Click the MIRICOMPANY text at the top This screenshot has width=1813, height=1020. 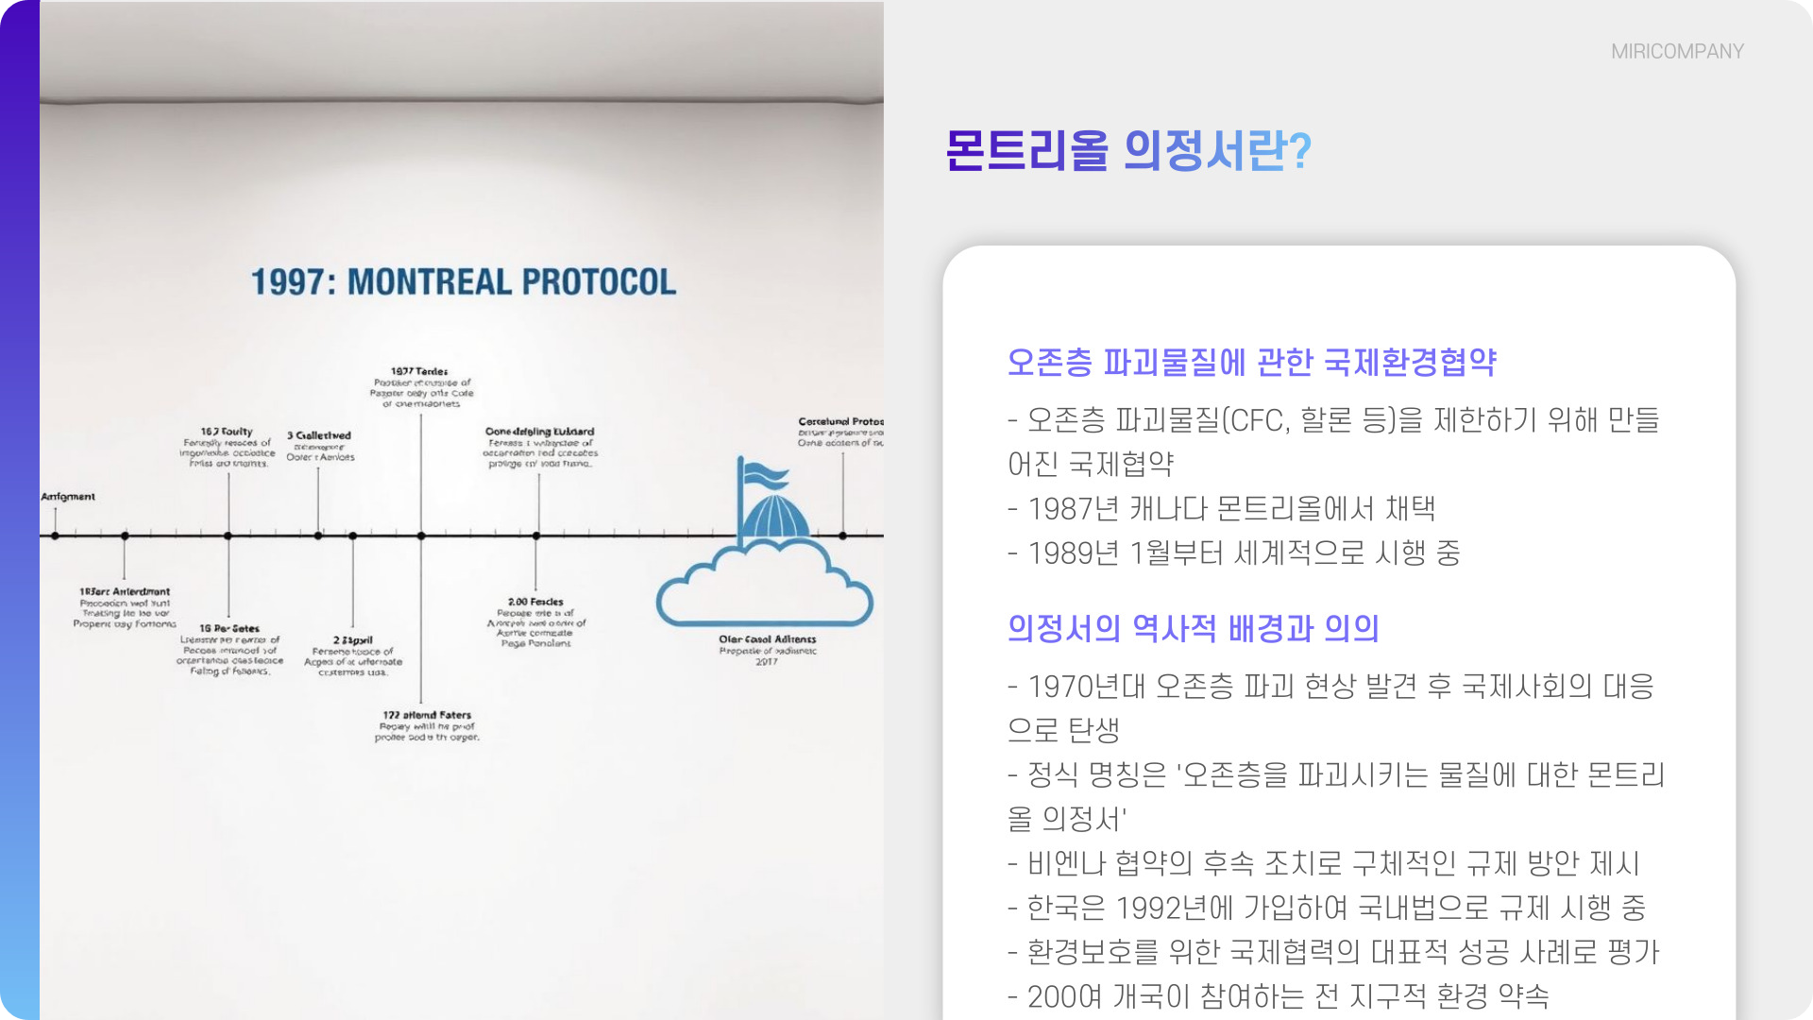[1677, 52]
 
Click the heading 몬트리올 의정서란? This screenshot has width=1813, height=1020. [1127, 151]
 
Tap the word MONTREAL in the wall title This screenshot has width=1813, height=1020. [429, 281]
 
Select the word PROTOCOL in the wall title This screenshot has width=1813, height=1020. [599, 281]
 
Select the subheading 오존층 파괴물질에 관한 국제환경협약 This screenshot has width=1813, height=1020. [1251, 363]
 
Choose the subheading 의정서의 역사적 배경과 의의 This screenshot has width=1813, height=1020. [1193, 629]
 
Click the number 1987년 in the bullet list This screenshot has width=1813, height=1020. [1073, 509]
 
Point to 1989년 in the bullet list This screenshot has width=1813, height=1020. [1073, 553]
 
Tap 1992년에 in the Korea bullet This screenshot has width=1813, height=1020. [1174, 909]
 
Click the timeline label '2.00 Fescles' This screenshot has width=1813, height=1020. [535, 602]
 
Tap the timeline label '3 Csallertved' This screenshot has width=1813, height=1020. [319, 435]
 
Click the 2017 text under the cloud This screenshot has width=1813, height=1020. [766, 662]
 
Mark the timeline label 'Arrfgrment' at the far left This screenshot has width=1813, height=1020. [68, 497]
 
